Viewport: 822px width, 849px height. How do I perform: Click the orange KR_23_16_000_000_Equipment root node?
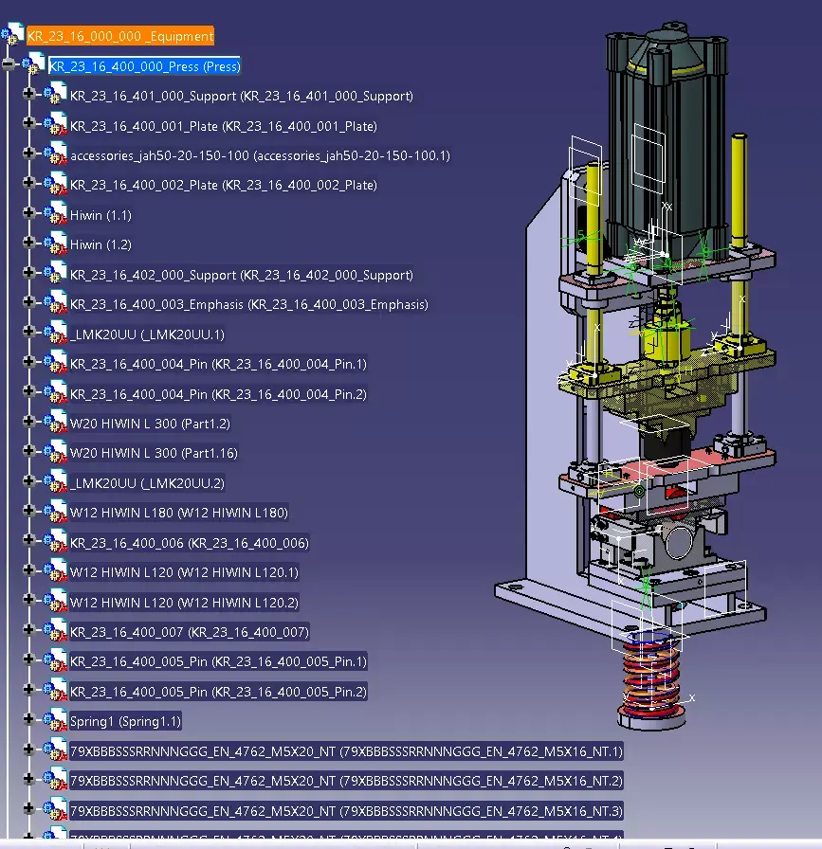click(x=120, y=36)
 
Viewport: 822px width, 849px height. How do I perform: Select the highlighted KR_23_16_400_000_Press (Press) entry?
click(x=144, y=66)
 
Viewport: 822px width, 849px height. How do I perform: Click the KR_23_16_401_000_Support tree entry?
click(x=241, y=97)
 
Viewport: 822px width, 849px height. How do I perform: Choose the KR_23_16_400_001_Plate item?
click(x=223, y=126)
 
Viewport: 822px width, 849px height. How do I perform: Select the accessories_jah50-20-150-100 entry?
click(x=259, y=155)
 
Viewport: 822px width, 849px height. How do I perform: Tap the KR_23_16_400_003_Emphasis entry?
click(x=248, y=304)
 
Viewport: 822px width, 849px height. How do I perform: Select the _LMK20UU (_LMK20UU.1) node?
click(x=147, y=334)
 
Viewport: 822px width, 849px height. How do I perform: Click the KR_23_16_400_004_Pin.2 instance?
click(x=218, y=394)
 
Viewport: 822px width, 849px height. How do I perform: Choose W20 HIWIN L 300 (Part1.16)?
click(x=153, y=453)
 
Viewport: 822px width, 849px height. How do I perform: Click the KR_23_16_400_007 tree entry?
click(x=189, y=632)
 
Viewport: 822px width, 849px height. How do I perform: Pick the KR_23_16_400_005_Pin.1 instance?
click(x=218, y=661)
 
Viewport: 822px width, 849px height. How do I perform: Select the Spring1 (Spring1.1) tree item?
click(x=125, y=721)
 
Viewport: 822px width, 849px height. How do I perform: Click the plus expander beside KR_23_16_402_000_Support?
click(x=27, y=275)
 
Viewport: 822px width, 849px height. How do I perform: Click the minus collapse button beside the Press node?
click(x=9, y=64)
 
